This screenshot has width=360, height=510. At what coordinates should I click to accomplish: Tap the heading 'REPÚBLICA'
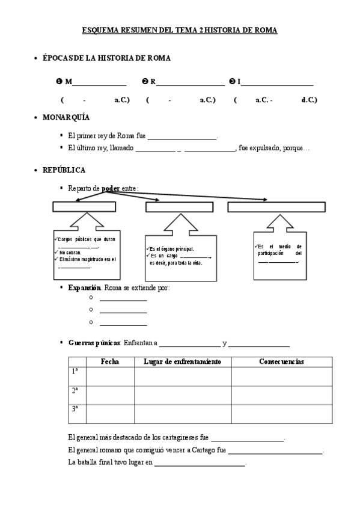pos(64,170)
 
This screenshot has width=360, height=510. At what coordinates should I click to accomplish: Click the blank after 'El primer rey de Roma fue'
pos(182,137)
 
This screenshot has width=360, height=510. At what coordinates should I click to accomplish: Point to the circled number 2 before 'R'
pos(145,82)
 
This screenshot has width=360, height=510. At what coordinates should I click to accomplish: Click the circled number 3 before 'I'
pos(232,82)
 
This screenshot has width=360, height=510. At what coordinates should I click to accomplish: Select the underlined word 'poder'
pos(111,188)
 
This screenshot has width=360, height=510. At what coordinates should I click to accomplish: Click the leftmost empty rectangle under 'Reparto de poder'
pos(84,207)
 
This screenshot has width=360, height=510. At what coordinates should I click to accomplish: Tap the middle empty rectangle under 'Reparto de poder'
pos(179,207)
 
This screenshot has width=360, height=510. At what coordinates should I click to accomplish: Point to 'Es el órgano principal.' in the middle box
pos(172,248)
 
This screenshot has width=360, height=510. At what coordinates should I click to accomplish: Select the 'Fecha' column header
pos(110,361)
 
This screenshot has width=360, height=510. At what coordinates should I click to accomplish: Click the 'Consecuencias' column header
pos(281,361)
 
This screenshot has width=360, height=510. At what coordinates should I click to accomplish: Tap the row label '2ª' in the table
pos(75,390)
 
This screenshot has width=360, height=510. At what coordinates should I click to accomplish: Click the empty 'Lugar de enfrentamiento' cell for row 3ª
pos(183,414)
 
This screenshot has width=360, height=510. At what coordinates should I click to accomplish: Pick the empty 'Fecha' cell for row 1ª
pos(110,376)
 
